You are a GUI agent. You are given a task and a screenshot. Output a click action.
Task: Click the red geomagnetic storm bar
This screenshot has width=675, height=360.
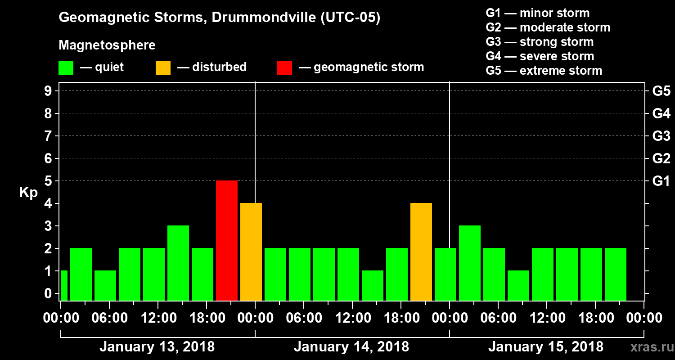pos(227,240)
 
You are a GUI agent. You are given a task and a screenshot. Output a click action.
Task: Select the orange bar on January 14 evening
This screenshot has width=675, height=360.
pos(421,252)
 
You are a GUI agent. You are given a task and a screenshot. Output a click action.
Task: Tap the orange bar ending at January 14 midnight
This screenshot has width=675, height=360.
pos(251,252)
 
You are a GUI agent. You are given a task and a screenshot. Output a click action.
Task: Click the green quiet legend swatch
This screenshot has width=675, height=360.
pos(66,67)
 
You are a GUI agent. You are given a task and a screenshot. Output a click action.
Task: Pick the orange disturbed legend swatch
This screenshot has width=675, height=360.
pos(163,67)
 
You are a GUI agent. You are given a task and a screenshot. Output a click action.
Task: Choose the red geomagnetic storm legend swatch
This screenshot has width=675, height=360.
pos(284,67)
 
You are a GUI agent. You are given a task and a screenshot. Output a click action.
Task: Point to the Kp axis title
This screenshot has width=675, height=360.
pos(28,193)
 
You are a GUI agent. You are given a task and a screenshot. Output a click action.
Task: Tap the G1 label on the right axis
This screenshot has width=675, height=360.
pos(661,181)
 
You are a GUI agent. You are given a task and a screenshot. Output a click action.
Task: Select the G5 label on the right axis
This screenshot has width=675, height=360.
pos(661,91)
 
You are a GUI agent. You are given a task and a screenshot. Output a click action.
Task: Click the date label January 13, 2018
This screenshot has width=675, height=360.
pos(157,347)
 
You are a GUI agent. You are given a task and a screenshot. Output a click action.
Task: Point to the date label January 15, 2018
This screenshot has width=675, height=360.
pos(545,347)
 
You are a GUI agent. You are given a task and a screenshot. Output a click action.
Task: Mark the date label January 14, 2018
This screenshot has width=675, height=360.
pos(351,347)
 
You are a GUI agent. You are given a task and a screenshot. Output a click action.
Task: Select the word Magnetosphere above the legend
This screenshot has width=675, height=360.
pos(107,45)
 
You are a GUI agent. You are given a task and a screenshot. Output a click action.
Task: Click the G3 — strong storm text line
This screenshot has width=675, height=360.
pos(540,42)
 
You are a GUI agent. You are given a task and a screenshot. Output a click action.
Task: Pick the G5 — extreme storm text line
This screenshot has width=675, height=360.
pos(544,71)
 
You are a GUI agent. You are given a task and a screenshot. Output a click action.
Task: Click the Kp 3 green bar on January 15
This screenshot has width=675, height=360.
pos(470,263)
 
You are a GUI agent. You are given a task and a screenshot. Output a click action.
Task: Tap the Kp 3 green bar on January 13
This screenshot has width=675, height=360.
pos(178,263)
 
